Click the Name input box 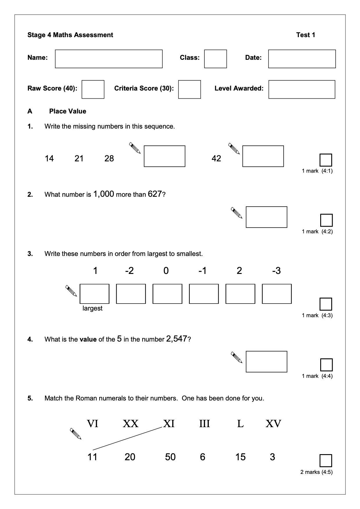point(109,59)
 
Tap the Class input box point(215,59)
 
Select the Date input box point(302,59)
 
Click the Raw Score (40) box point(93,89)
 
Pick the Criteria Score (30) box point(189,89)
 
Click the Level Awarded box point(302,89)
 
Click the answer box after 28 point(164,156)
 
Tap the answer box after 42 point(263,156)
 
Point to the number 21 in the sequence point(79,158)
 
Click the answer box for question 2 point(267,217)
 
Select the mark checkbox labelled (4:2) point(326,220)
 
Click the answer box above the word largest point(94,294)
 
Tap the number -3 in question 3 point(276,271)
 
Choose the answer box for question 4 point(267,362)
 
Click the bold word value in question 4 point(88,339)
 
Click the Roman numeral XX point(130,424)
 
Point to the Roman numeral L point(240,424)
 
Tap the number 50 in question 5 point(170,457)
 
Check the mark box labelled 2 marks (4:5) point(326,461)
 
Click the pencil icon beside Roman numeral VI point(76,434)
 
